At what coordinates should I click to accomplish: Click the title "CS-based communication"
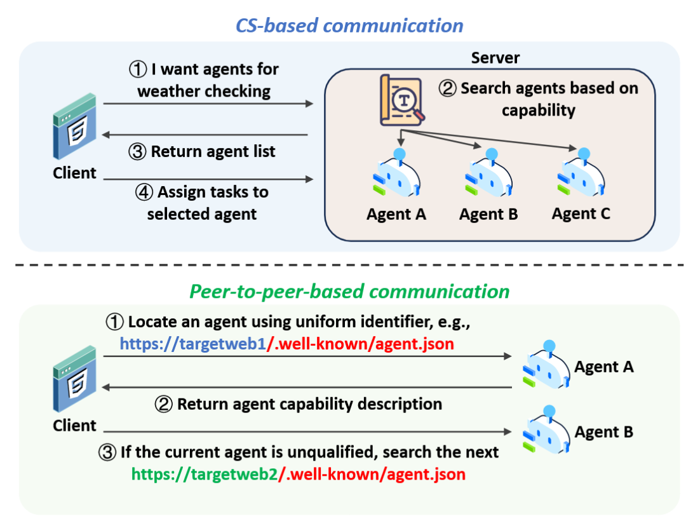tap(349, 25)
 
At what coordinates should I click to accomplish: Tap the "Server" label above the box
tap(495, 58)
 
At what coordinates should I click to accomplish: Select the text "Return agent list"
tap(213, 152)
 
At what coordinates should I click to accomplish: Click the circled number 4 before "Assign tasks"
tap(144, 192)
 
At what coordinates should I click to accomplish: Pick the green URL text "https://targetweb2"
tap(204, 474)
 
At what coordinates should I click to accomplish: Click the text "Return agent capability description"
tap(309, 404)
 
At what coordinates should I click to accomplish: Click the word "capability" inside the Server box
tap(538, 111)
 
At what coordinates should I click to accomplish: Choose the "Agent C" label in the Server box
tap(581, 214)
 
